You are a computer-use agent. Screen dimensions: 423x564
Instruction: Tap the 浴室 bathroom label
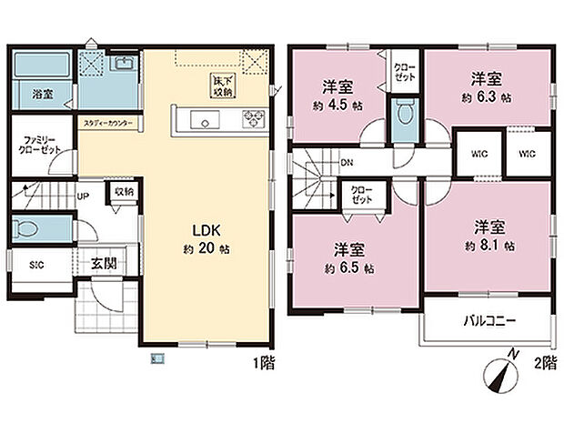[42, 94]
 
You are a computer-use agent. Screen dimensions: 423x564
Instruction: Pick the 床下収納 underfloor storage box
[222, 85]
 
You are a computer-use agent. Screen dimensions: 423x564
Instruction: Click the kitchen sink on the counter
[203, 120]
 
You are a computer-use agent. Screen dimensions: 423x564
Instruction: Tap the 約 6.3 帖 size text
[487, 96]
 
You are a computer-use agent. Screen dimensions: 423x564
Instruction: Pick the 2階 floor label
[543, 361]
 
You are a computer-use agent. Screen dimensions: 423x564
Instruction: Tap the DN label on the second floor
[347, 165]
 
